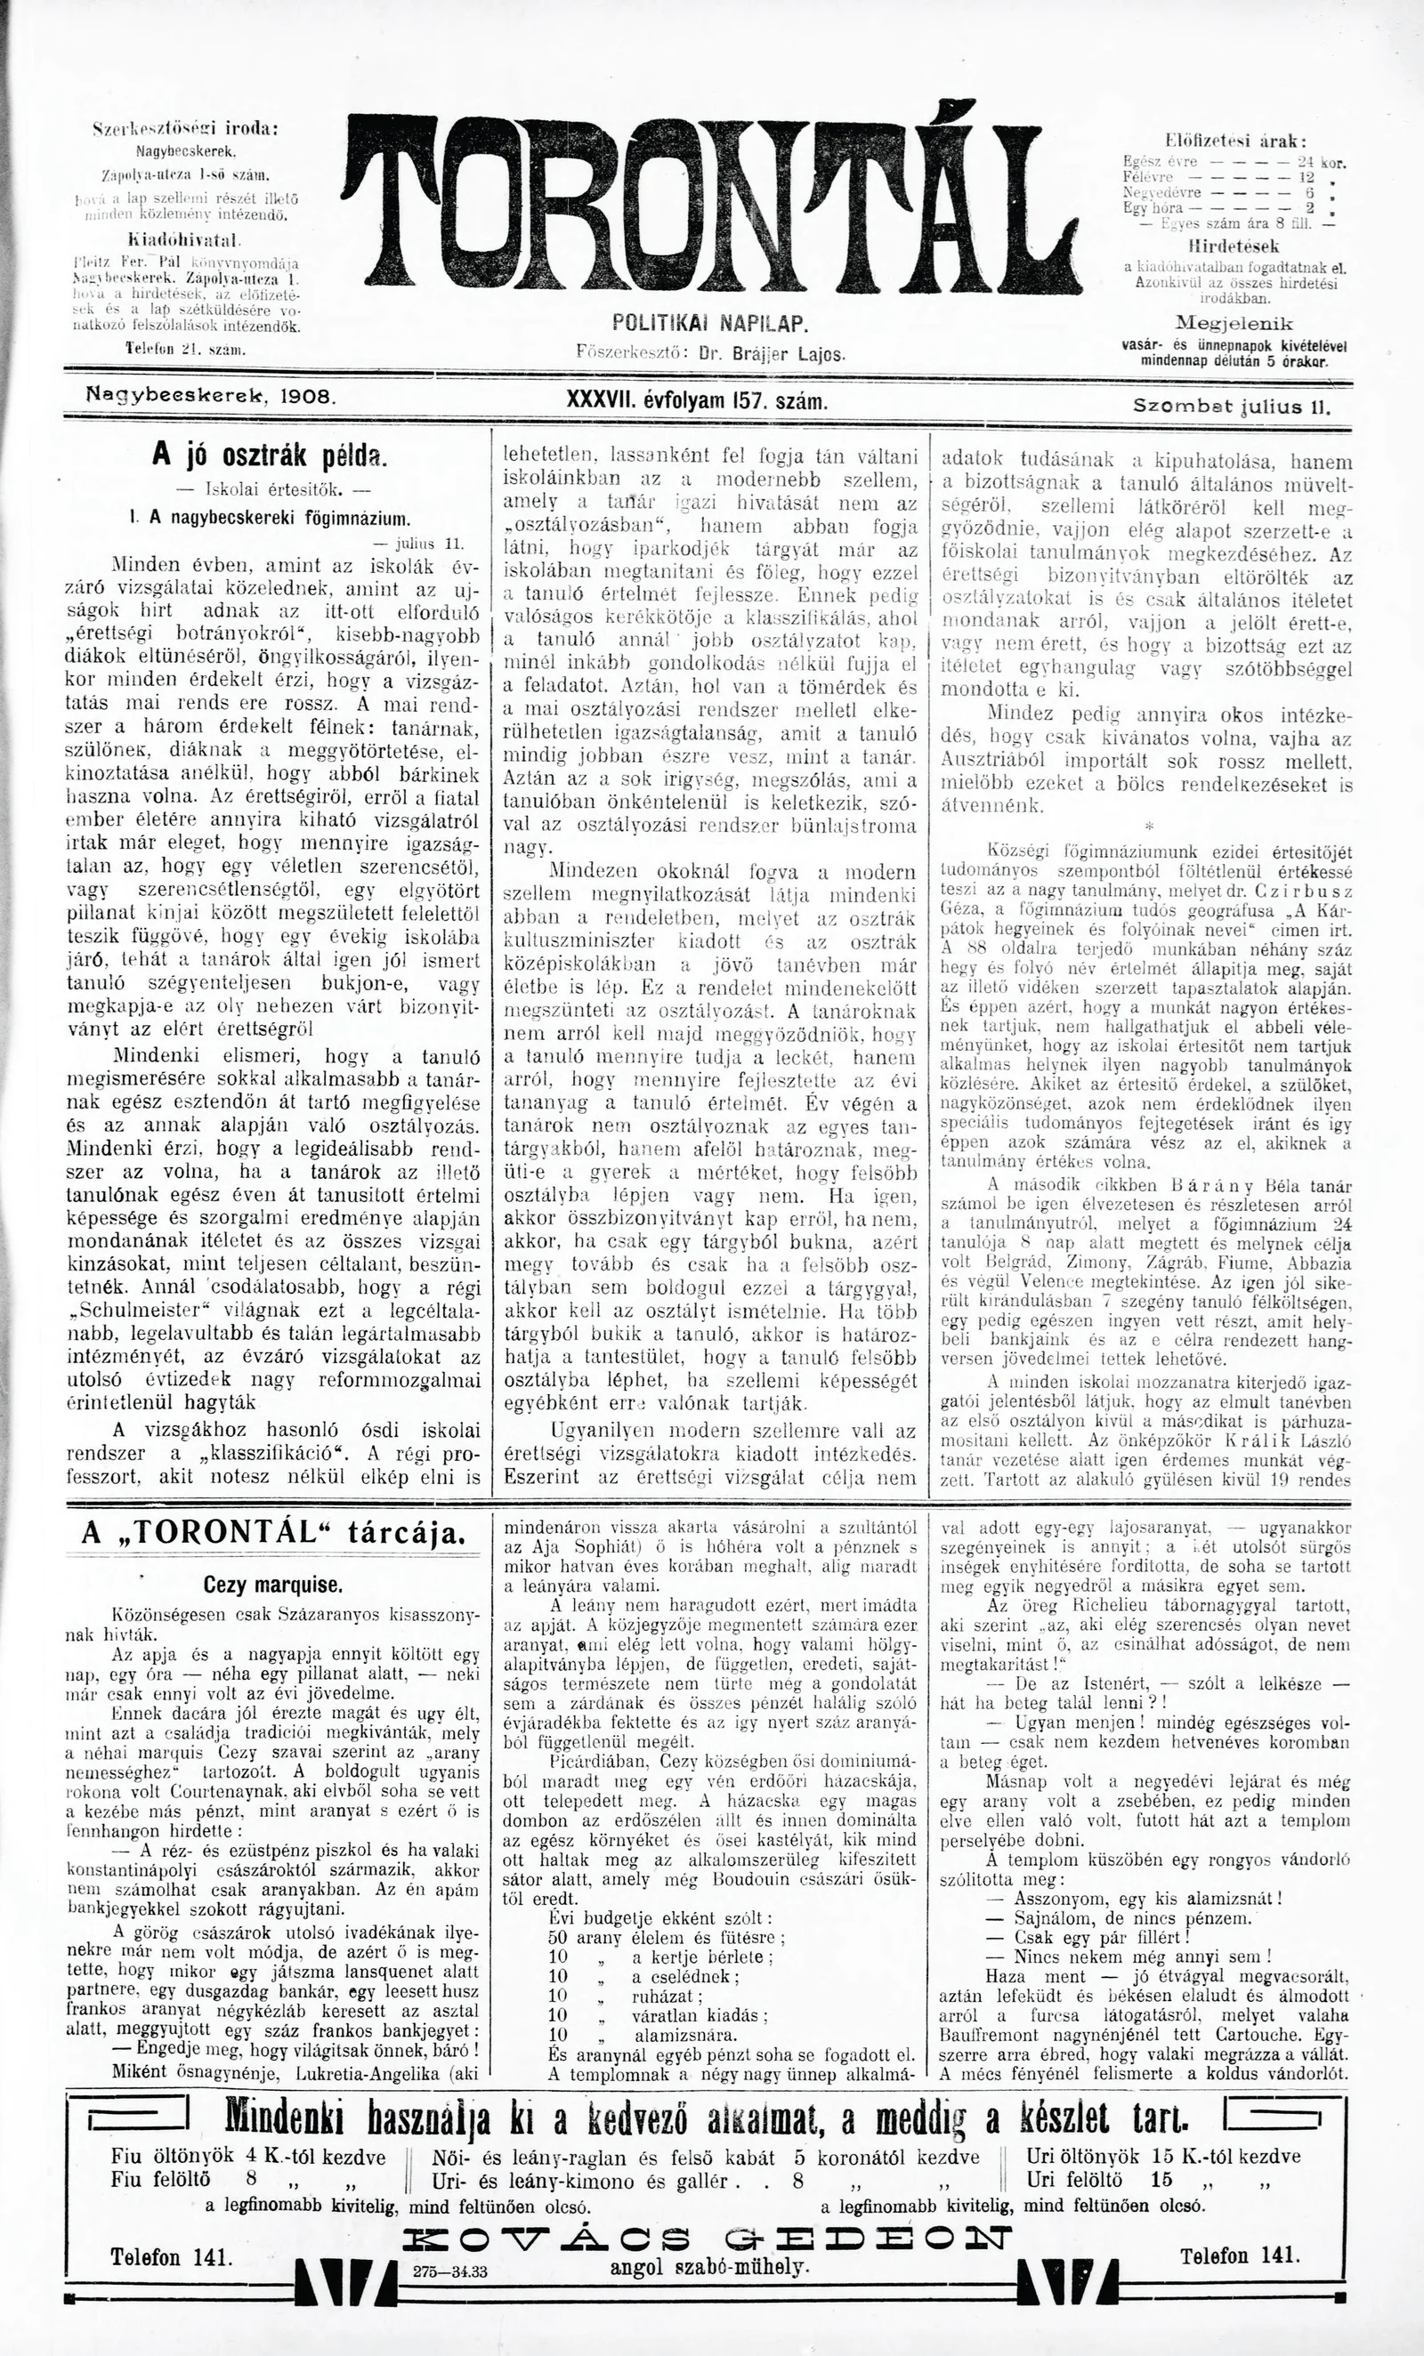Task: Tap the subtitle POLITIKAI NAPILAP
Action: pyautogui.click(x=710, y=322)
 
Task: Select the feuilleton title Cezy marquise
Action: pyautogui.click(x=272, y=1585)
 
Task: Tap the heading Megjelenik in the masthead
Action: pyautogui.click(x=1234, y=323)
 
